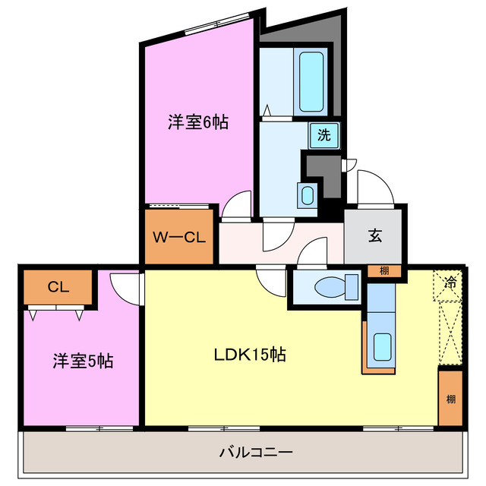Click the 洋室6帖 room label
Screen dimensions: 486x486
(x=197, y=121)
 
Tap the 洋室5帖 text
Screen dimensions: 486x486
(x=83, y=361)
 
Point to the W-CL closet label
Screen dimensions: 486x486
(x=178, y=237)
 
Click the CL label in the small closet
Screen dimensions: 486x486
(x=58, y=287)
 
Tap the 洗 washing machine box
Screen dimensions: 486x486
(x=324, y=136)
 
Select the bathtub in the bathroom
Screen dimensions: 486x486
(x=312, y=80)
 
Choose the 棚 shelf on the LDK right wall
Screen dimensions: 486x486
(x=450, y=398)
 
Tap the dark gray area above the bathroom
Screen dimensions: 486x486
(x=304, y=34)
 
